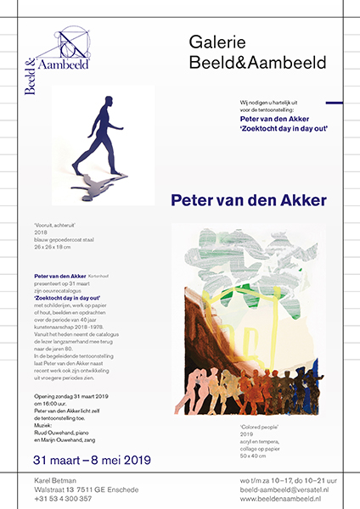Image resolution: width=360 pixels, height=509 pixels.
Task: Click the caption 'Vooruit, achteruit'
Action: tap(53, 227)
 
